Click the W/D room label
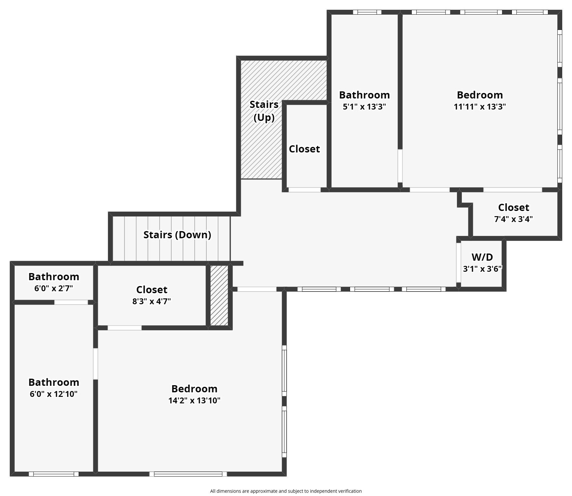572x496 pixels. point(482,257)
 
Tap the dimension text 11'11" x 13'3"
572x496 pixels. point(480,107)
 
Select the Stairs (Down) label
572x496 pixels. point(177,235)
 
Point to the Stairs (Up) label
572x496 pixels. point(264,111)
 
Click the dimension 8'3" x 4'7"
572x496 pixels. point(151,301)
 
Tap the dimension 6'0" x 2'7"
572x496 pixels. point(54,288)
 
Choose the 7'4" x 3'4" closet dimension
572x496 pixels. point(513,219)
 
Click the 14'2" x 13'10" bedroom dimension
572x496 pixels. point(194,400)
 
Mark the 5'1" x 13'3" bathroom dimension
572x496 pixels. point(364,107)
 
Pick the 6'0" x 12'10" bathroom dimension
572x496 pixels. point(54,394)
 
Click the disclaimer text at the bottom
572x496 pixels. point(286,491)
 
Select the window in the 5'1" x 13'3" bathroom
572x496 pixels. point(367,12)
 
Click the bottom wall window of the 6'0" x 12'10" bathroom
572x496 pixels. point(54,474)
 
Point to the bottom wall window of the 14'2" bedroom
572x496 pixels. point(188,474)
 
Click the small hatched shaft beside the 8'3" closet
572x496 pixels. point(219,295)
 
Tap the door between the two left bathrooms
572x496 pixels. point(71,302)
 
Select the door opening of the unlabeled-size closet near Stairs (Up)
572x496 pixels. point(305,190)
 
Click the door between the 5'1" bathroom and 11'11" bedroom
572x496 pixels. point(400,166)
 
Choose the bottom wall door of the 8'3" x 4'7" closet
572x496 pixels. point(124,328)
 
